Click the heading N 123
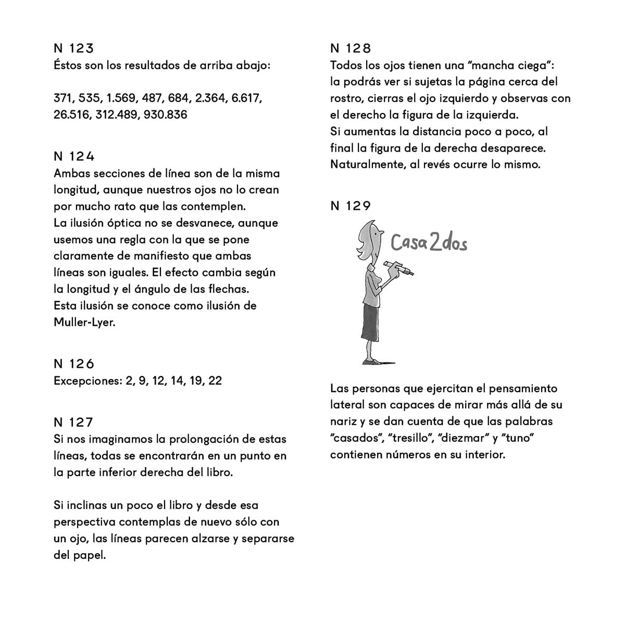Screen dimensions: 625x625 pos(73,48)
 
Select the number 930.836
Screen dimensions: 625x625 pos(165,115)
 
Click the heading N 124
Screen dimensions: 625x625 pos(74,156)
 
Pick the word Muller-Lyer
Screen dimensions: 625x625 pos(84,322)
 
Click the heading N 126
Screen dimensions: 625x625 pos(74,364)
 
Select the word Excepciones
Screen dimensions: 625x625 pos(87,381)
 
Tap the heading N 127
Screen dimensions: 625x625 pos(73,422)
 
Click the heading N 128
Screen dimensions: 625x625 pos(351,48)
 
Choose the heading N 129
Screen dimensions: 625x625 pos(351,206)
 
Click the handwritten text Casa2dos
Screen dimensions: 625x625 pos(429,243)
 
